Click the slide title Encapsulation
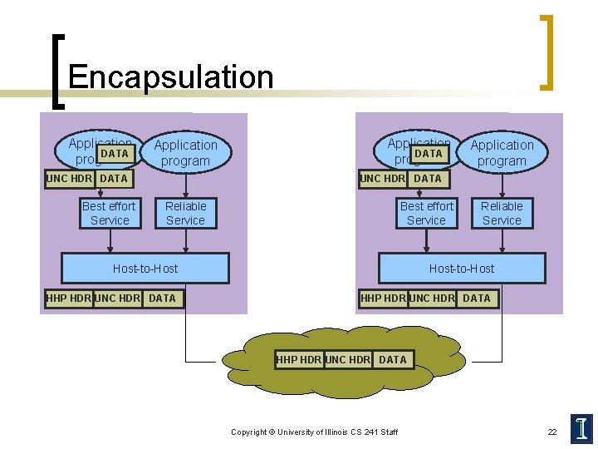click(x=170, y=77)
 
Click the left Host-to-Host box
click(x=145, y=269)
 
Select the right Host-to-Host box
click(x=462, y=269)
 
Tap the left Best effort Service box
click(x=110, y=213)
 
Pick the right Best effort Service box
click(x=427, y=213)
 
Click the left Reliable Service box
click(x=185, y=213)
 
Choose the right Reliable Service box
click(x=502, y=213)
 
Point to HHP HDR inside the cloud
click(x=299, y=359)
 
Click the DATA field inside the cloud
click(x=392, y=359)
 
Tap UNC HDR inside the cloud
click(x=348, y=359)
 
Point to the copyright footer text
click(x=314, y=432)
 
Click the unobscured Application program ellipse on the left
click(x=185, y=153)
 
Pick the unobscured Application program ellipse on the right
click(x=502, y=153)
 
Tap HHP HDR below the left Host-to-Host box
click(x=69, y=298)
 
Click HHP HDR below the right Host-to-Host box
click(x=383, y=298)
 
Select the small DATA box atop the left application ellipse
click(x=115, y=153)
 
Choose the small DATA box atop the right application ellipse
click(x=429, y=153)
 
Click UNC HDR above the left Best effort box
click(x=70, y=178)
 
